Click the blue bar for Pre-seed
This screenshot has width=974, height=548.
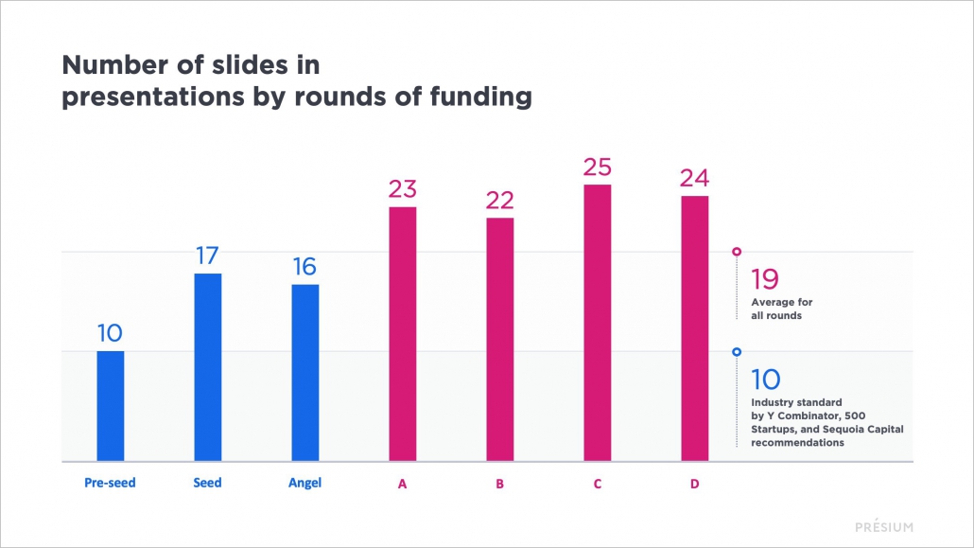[111, 406]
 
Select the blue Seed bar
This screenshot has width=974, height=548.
[208, 367]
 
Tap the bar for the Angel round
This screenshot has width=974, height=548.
[305, 373]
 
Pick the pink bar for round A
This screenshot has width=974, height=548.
[403, 334]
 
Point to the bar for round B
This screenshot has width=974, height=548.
[500, 340]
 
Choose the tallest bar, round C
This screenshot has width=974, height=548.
[598, 323]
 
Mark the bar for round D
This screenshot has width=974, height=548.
[695, 328]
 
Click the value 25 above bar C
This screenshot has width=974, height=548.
[598, 167]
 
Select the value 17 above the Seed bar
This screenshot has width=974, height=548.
[208, 256]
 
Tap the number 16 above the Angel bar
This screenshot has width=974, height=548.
[305, 267]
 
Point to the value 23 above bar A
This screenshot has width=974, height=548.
[403, 189]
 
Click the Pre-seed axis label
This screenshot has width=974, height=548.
[110, 483]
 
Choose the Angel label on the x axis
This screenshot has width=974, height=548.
[305, 483]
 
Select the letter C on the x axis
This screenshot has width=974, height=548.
[598, 484]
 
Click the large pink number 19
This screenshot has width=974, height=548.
[764, 280]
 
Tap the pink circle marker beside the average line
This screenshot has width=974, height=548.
[737, 252]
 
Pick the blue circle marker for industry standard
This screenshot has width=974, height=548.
[737, 352]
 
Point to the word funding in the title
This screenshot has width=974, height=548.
[479, 97]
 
